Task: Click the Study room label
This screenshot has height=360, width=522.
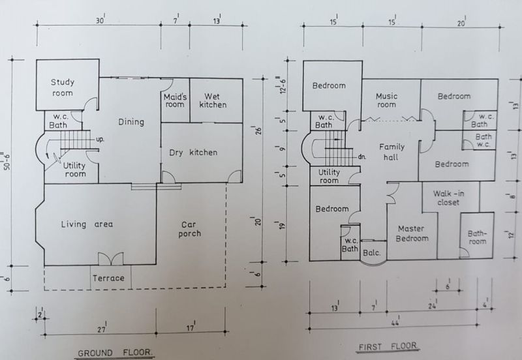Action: click(x=63, y=87)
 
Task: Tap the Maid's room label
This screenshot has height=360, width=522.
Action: click(x=174, y=100)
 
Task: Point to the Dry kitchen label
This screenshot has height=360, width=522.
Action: click(x=193, y=153)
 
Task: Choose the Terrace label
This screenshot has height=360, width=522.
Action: click(x=108, y=278)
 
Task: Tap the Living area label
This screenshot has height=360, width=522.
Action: click(x=87, y=225)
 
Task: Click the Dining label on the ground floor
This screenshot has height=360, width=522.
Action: click(x=130, y=122)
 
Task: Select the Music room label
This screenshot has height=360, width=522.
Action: click(x=386, y=100)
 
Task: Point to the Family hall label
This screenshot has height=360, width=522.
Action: click(x=391, y=152)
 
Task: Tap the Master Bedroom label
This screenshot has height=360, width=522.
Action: click(x=412, y=233)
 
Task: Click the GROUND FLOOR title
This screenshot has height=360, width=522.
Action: click(x=115, y=353)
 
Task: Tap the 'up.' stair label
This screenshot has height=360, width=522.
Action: click(x=101, y=140)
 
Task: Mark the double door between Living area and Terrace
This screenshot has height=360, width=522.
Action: click(x=109, y=259)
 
